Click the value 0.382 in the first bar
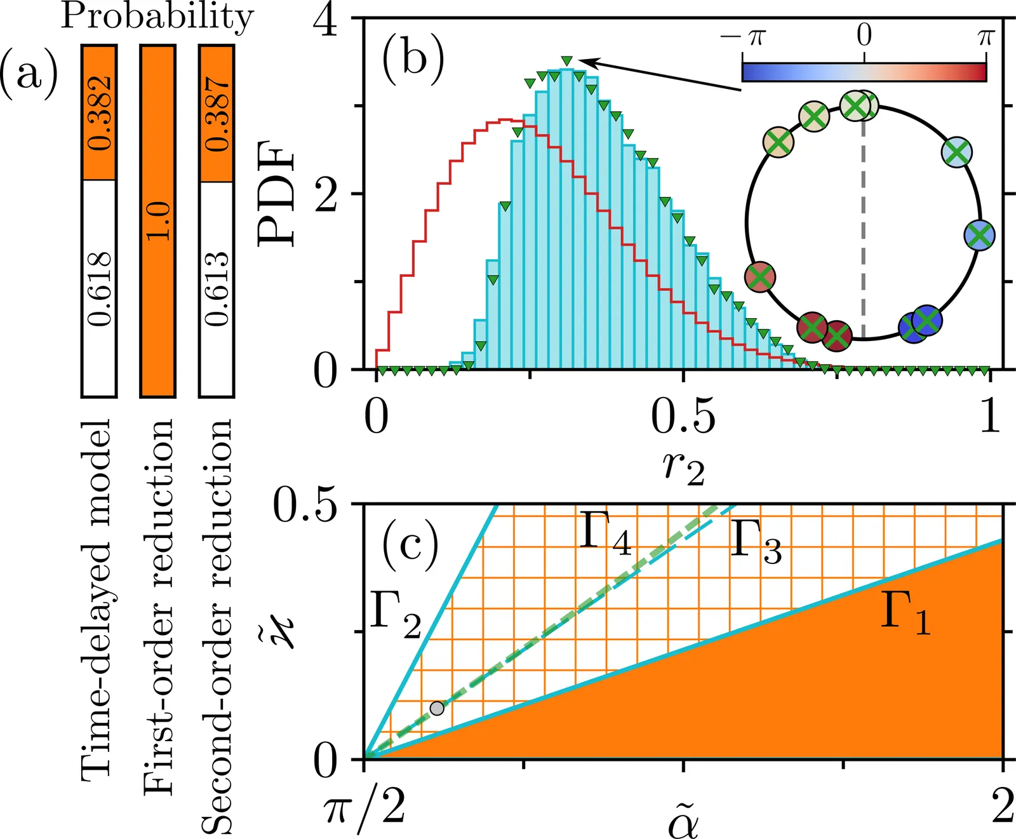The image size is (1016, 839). [100, 113]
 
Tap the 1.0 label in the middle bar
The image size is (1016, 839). [159, 221]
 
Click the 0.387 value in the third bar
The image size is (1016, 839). [218, 114]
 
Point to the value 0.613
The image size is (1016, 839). [218, 289]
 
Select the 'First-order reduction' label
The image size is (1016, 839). [158, 607]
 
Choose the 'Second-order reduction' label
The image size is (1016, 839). [217, 626]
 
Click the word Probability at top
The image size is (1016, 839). [157, 17]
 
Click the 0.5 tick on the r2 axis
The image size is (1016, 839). [683, 419]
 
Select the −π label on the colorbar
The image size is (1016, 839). [743, 36]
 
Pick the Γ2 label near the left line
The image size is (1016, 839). [395, 617]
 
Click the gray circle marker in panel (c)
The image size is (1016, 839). [437, 708]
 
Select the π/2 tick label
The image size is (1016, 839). [364, 810]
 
